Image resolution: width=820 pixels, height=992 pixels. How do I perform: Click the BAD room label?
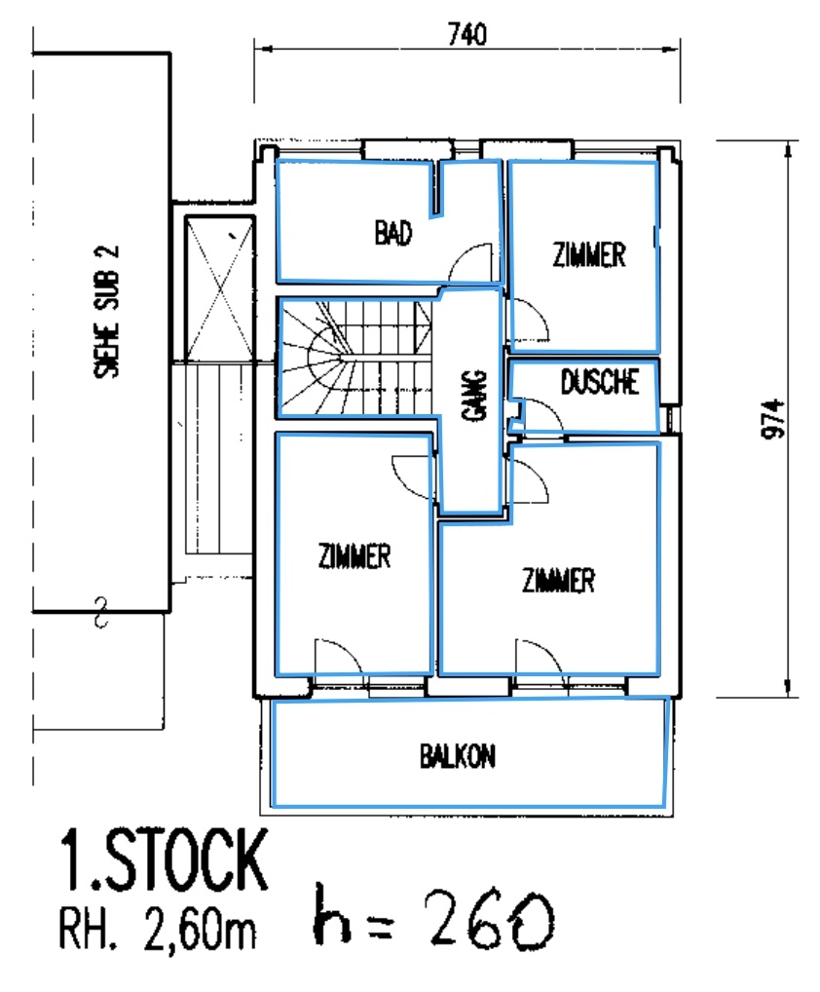[393, 233]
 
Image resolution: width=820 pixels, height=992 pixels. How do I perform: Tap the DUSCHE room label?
[599, 381]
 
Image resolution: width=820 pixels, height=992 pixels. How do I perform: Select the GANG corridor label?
[474, 395]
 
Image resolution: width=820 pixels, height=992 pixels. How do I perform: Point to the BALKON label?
[458, 755]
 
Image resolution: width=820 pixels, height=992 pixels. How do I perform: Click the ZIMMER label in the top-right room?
[589, 254]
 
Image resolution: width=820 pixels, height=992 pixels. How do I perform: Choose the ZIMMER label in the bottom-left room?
[354, 556]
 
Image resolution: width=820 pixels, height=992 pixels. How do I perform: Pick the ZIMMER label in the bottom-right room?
[558, 580]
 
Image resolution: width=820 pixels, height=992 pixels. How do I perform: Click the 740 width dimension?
[467, 34]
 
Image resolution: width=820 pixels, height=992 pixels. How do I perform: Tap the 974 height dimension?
[772, 418]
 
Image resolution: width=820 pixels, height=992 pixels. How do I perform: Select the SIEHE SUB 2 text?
[106, 312]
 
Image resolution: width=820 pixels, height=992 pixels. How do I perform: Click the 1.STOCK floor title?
[164, 861]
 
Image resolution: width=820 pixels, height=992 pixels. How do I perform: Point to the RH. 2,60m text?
[158, 930]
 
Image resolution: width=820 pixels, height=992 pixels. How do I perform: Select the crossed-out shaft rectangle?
[219, 288]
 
